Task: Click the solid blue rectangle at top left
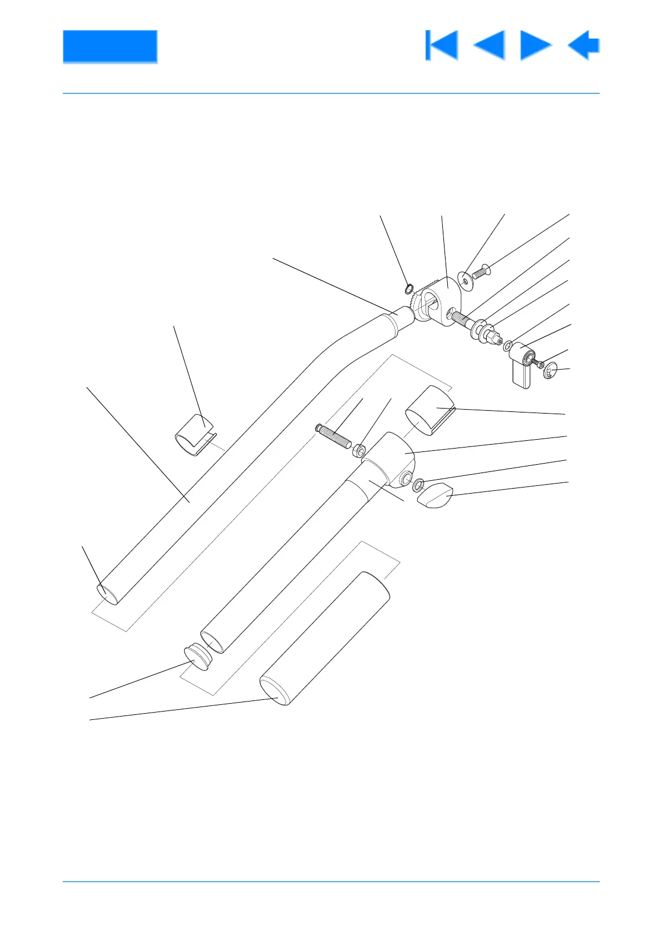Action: pyautogui.click(x=110, y=46)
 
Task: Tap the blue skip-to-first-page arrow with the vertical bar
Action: pyautogui.click(x=441, y=46)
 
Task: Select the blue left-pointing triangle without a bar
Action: pyautogui.click(x=490, y=46)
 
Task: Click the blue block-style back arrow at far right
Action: pyautogui.click(x=584, y=46)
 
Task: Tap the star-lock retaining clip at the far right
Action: pyautogui.click(x=550, y=370)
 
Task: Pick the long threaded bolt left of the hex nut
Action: pyautogui.click(x=333, y=436)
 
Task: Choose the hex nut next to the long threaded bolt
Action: pyautogui.click(x=359, y=447)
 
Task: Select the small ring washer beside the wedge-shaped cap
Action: pyautogui.click(x=418, y=484)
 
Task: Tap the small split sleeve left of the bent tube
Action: pyautogui.click(x=194, y=435)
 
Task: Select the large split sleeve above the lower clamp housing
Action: pyautogui.click(x=430, y=410)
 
